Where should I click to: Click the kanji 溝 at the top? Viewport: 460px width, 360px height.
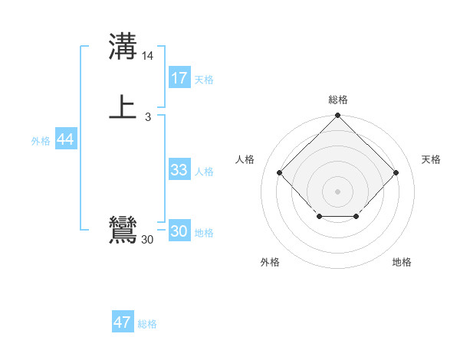click(x=123, y=48)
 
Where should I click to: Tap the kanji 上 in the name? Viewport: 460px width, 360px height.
click(x=123, y=107)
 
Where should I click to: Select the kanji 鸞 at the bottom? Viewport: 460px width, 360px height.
click(x=123, y=231)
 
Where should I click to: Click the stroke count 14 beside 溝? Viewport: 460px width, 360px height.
click(x=148, y=57)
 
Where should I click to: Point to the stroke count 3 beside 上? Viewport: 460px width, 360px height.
click(x=148, y=117)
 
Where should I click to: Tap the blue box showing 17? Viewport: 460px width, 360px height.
click(x=179, y=78)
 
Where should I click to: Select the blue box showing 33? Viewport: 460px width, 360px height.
click(x=179, y=170)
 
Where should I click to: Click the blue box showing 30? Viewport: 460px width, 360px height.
click(x=179, y=231)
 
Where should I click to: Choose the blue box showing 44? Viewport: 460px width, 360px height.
click(x=65, y=139)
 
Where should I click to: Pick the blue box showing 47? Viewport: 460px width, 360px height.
click(x=123, y=322)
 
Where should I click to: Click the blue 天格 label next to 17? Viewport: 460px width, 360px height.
click(x=204, y=80)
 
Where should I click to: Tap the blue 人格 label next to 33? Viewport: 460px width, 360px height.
click(x=204, y=172)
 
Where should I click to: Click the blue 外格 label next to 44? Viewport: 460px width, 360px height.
click(x=41, y=141)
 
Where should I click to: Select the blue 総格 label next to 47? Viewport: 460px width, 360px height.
click(x=147, y=324)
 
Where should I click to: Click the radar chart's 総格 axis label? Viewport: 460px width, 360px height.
click(x=338, y=100)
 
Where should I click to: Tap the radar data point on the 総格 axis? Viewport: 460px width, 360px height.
click(x=338, y=116)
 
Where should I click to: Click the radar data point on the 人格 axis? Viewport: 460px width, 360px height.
click(x=280, y=173)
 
